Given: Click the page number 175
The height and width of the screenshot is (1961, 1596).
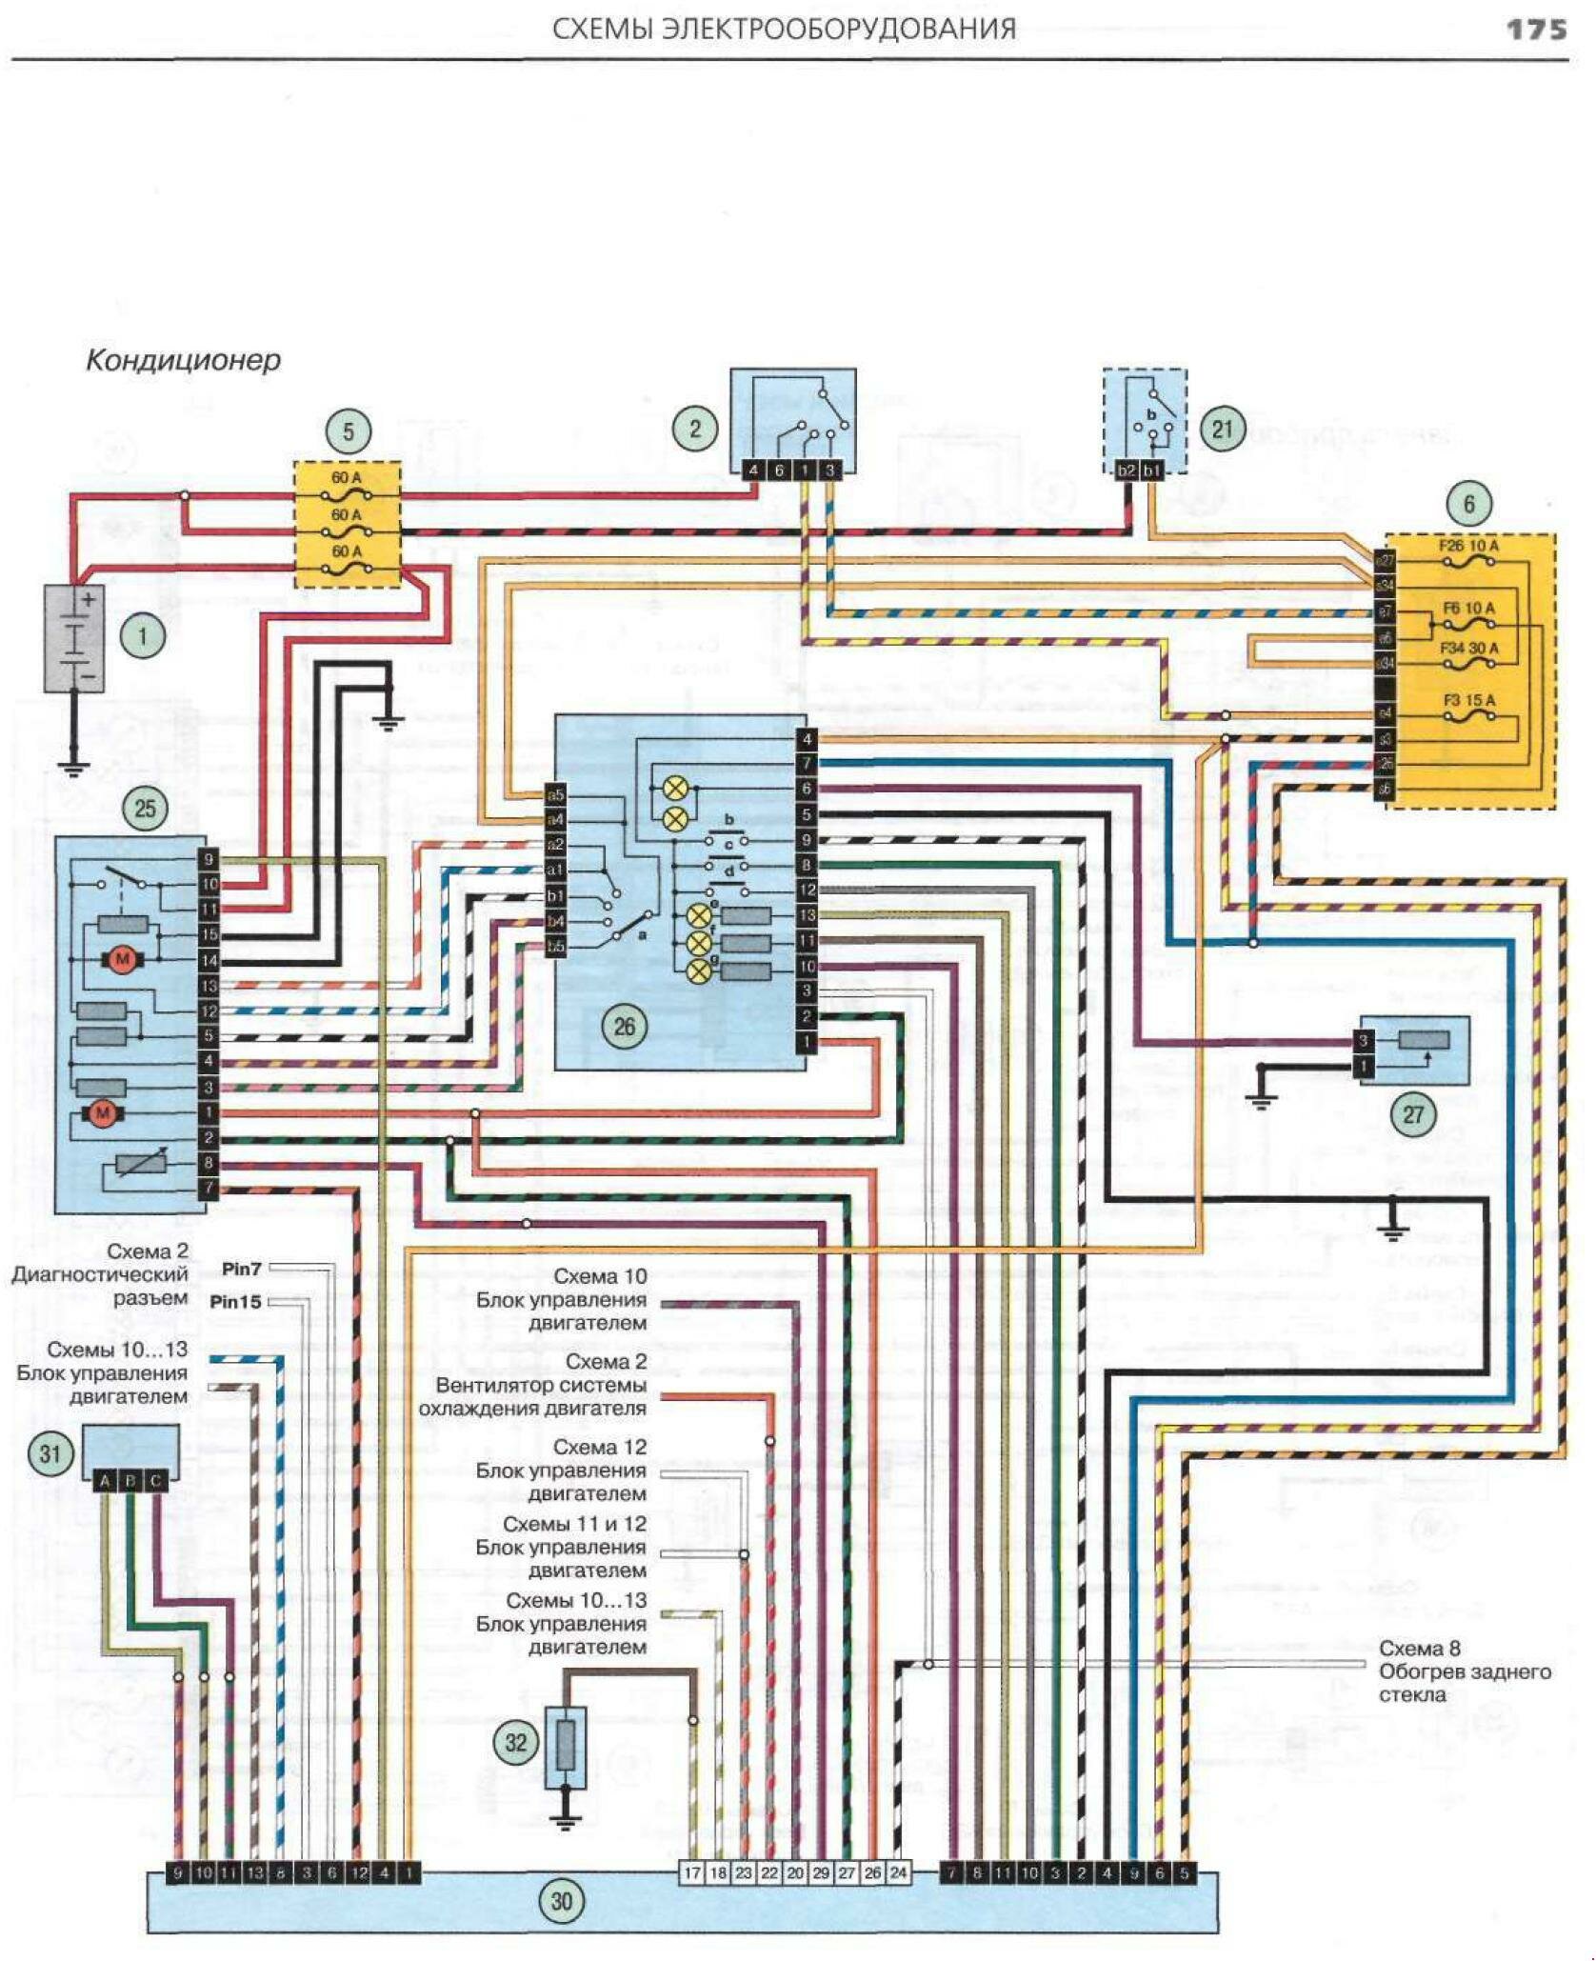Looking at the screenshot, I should [1535, 30].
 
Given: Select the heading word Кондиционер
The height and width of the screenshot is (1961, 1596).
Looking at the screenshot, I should [183, 360].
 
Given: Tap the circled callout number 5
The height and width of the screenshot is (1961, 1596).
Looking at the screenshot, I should [348, 431].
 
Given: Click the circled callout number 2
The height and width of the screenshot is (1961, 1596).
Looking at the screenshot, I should [694, 428].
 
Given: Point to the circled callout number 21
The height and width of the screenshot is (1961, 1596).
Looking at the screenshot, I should [1222, 430].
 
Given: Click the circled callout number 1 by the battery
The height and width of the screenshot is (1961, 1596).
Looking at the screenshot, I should [143, 635].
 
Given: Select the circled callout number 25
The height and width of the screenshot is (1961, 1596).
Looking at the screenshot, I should [144, 809].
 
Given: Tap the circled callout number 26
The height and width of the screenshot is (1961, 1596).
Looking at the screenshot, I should [624, 1026].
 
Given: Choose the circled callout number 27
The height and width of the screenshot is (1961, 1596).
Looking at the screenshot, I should [1413, 1113].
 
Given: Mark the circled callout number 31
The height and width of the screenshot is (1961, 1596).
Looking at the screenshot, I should [50, 1453].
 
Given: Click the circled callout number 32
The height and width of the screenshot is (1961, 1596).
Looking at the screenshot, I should [515, 1742].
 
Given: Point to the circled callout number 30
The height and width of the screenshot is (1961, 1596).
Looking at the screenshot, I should [562, 1901].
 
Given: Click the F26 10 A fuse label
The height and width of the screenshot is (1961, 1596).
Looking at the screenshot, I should [1467, 547].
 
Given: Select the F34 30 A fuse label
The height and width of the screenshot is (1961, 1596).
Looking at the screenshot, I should [1468, 649].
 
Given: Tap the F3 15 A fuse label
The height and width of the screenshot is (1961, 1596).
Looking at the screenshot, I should [1468, 701].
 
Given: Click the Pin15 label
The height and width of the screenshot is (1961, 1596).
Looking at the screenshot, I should [235, 1302].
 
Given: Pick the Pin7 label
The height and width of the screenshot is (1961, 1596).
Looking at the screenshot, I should [241, 1269].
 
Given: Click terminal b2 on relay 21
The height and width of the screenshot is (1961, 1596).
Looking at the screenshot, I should [1127, 470].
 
